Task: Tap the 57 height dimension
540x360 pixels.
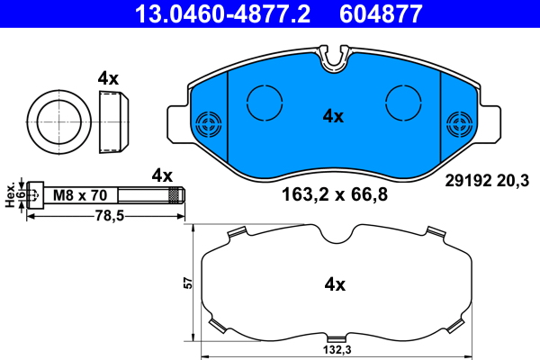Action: point(187,283)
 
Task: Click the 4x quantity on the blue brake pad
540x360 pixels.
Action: point(334,115)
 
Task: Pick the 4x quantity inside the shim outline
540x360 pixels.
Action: point(335,284)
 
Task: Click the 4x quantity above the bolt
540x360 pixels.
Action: point(162,174)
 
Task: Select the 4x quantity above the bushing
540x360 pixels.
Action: point(108,78)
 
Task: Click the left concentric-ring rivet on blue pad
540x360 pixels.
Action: point(209,123)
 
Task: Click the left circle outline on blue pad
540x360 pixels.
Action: point(264,101)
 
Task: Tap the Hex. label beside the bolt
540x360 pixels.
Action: point(11,194)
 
